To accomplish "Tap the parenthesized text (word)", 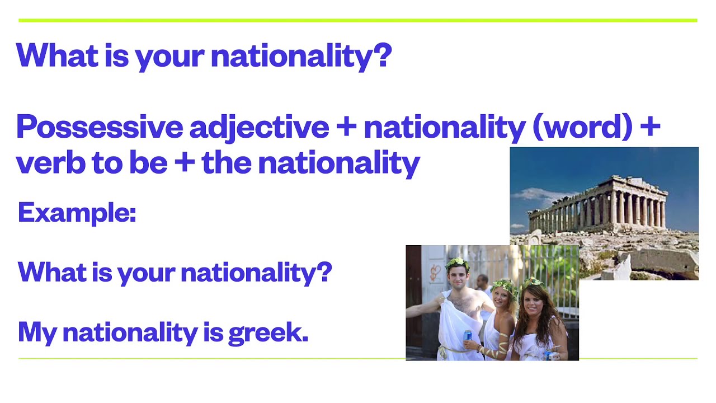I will (x=581, y=128).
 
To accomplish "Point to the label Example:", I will (x=77, y=213).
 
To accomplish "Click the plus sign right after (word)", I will (x=649, y=128).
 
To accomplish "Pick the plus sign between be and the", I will (x=184, y=163).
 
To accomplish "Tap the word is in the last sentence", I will (x=213, y=332).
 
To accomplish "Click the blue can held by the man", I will (x=468, y=336).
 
